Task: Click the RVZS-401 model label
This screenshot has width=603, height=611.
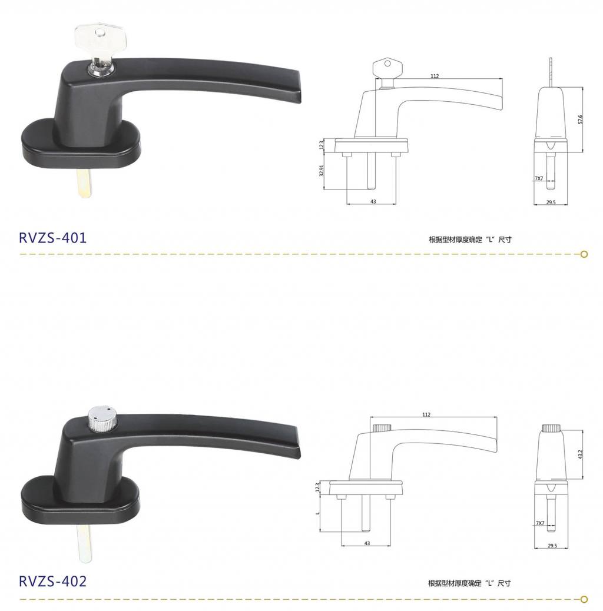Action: tap(52, 237)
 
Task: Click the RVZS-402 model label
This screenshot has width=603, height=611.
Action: tap(52, 581)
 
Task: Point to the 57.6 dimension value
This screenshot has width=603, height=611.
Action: tap(581, 119)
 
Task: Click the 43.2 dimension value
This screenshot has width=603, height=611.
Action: tap(580, 454)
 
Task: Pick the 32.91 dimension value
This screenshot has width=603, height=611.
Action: tap(322, 170)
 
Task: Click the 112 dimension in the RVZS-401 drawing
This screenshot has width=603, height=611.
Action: tap(435, 76)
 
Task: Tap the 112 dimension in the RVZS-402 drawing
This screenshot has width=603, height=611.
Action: tap(426, 414)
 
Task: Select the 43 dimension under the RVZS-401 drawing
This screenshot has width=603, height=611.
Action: tap(373, 201)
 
